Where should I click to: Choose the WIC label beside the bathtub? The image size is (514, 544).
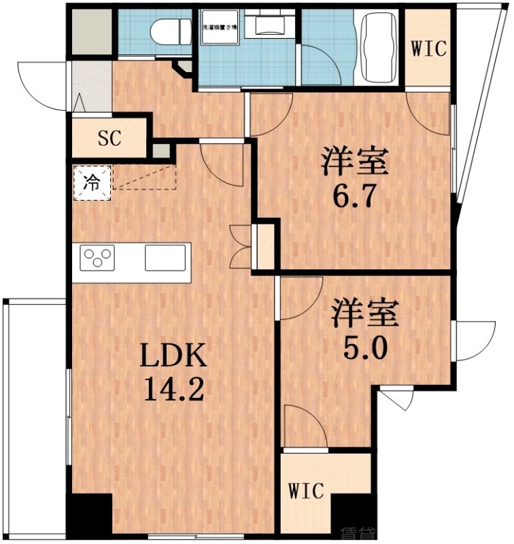428,49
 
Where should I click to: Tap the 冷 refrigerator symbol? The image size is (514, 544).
90,182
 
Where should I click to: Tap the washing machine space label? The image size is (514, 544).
217,29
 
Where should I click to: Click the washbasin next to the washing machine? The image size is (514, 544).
270,27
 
